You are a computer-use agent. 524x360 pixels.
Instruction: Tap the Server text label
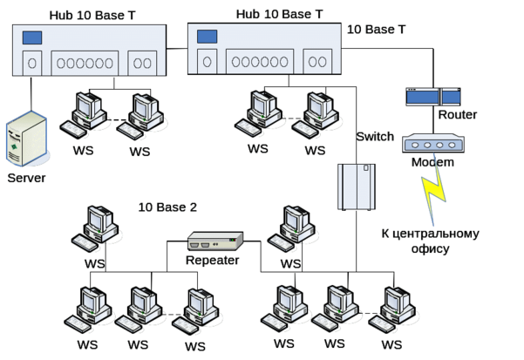click(25, 179)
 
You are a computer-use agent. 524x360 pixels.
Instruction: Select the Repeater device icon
click(213, 241)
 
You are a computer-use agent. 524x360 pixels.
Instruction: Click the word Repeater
click(212, 260)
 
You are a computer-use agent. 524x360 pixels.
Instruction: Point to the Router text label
click(458, 115)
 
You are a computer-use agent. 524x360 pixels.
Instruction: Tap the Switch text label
click(376, 138)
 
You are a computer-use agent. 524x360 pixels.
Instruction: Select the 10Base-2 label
click(167, 207)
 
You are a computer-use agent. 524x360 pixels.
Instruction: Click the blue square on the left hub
click(32, 38)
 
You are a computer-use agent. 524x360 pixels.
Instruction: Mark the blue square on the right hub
click(207, 37)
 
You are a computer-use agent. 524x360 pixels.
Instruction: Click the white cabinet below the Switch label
click(355, 186)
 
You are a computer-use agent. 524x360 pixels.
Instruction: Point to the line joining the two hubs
click(178, 50)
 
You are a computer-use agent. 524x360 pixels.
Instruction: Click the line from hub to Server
click(31, 96)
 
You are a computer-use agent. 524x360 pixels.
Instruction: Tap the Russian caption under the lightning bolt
click(431, 241)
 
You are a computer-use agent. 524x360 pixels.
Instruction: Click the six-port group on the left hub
click(84, 63)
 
